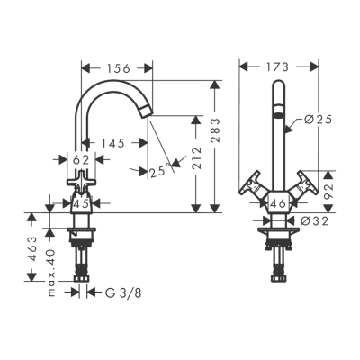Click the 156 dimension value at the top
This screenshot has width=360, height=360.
(117, 67)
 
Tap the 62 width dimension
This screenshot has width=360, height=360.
(81, 159)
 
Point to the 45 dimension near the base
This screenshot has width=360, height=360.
(81, 203)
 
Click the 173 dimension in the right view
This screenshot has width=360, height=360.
(278, 67)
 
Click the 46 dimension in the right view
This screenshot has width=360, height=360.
(279, 204)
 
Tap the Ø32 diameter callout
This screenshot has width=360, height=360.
(313, 220)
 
